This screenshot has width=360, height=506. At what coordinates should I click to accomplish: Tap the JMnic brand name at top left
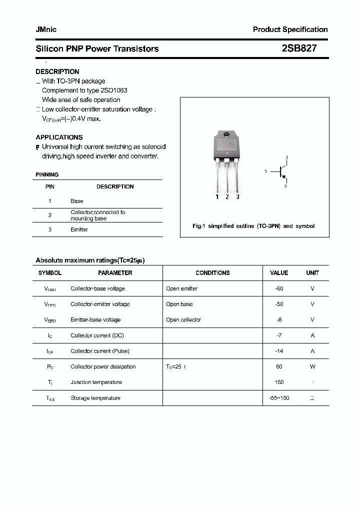[x=46, y=29]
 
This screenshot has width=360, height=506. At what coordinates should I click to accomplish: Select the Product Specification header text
[x=290, y=29]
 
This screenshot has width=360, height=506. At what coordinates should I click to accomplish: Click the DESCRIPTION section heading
[x=57, y=71]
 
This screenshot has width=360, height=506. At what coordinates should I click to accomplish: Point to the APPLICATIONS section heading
[x=59, y=137]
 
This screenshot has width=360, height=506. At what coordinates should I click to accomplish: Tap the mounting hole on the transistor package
[x=226, y=134]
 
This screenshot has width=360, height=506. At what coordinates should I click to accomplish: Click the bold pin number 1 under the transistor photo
[x=217, y=196]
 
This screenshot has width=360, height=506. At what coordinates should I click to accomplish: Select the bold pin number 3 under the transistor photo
[x=237, y=196]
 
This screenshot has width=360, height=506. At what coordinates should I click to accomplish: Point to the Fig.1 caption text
[x=253, y=226]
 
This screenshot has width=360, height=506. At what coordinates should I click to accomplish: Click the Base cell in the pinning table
[x=77, y=201]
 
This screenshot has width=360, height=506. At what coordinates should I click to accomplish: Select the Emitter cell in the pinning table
[x=79, y=229]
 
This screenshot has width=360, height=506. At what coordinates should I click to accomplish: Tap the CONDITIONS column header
[x=212, y=273]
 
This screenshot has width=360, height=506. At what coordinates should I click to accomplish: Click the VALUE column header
[x=279, y=273]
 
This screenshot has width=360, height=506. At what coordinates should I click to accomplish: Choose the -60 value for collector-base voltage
[x=279, y=288]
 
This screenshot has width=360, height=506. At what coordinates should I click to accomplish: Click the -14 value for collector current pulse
[x=279, y=351]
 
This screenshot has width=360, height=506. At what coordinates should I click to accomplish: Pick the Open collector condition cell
[x=183, y=320]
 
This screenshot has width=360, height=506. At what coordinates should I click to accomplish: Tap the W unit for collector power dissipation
[x=312, y=366]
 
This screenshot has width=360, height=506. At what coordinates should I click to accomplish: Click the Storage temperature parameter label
[x=95, y=398]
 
